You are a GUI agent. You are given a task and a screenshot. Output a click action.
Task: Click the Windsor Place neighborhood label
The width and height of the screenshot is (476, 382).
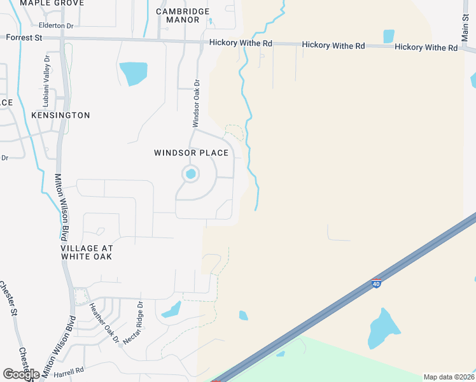coord(191,153)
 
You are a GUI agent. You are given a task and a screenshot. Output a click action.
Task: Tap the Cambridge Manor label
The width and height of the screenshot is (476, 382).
coord(183,15)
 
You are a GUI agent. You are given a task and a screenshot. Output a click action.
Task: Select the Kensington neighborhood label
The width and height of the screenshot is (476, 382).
coord(60,115)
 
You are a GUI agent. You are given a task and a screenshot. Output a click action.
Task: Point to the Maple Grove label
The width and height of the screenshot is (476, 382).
coord(52,3)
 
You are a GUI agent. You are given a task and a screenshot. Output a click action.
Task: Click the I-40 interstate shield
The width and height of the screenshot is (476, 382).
coord(377,283)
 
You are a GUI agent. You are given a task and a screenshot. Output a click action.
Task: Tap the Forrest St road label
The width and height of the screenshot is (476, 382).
coord(24,38)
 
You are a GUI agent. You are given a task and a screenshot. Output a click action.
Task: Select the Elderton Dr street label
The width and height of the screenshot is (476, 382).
coord(56,25)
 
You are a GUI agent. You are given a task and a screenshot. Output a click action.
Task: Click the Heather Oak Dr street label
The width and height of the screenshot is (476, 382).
coord(104,323)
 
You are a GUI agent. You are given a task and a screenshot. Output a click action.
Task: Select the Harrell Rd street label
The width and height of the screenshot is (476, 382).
coord(69,371)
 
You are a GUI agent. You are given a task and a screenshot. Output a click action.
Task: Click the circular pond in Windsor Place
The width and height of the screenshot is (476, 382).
coord(190,173)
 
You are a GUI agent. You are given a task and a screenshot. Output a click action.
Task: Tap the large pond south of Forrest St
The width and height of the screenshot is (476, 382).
coord(134,73)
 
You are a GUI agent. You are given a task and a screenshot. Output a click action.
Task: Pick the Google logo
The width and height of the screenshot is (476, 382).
coord(21,374)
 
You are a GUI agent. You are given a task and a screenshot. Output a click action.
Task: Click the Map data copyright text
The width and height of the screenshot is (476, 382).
coord(448,377)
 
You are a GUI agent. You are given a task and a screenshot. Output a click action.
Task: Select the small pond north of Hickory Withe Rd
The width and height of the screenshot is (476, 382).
coord(389,36)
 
